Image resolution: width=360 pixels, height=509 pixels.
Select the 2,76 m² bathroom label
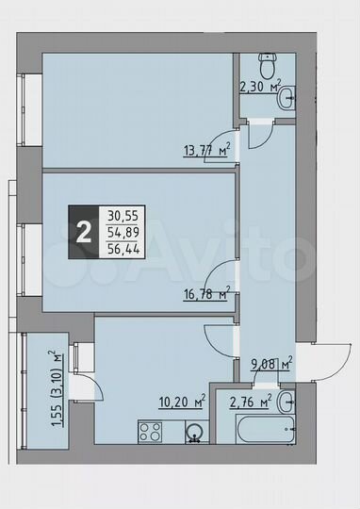click(251, 403)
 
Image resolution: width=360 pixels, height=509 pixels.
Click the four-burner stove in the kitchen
click(151, 432)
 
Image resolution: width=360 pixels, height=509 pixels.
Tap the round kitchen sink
click(194, 433)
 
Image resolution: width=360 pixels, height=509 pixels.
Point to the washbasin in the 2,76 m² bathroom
click(288, 402)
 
